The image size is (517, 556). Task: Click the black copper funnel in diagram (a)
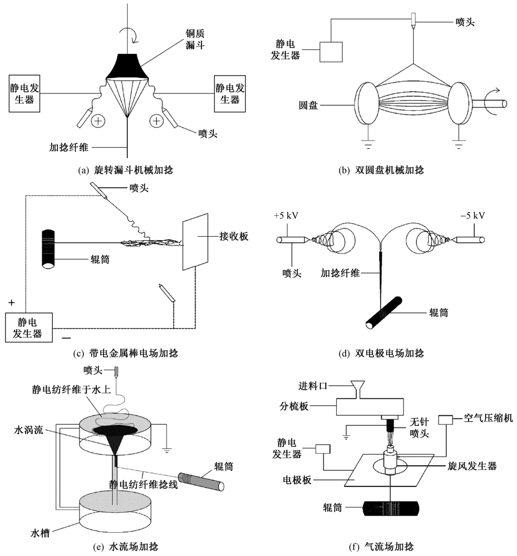click(127, 66)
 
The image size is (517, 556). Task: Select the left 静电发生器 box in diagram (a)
click(22, 94)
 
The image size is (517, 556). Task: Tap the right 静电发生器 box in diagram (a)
click(230, 94)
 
